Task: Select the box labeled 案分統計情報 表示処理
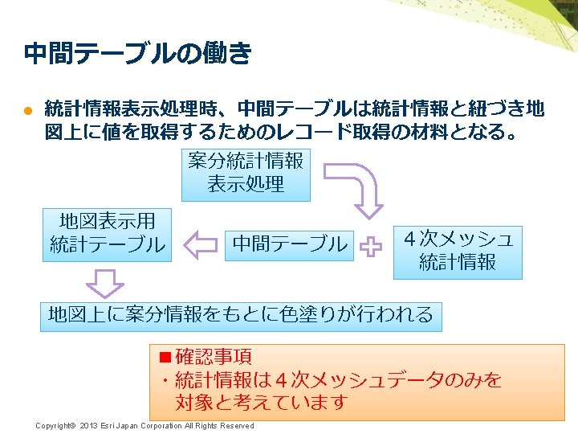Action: tap(246, 173)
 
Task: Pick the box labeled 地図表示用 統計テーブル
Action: tap(107, 233)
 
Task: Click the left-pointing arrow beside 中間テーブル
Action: tap(200, 244)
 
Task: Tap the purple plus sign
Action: tap(371, 247)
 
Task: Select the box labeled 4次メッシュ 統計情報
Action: tap(457, 251)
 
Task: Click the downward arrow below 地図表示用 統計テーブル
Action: tap(104, 284)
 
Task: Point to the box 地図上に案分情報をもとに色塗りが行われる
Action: tap(240, 314)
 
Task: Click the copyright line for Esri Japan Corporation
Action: tap(144, 426)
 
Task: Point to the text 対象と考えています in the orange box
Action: tap(261, 401)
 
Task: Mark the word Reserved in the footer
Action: tap(237, 426)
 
